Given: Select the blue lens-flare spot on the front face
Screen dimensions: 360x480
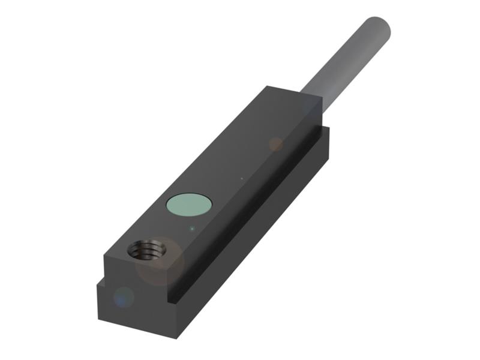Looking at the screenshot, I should click(124, 296).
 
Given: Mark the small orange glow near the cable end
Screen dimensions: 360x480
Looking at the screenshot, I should click(276, 143).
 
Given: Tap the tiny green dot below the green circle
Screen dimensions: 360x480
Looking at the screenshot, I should click(191, 228).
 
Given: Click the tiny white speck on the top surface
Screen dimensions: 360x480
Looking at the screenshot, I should click(242, 178).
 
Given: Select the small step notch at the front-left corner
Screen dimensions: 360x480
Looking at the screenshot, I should click(102, 282).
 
